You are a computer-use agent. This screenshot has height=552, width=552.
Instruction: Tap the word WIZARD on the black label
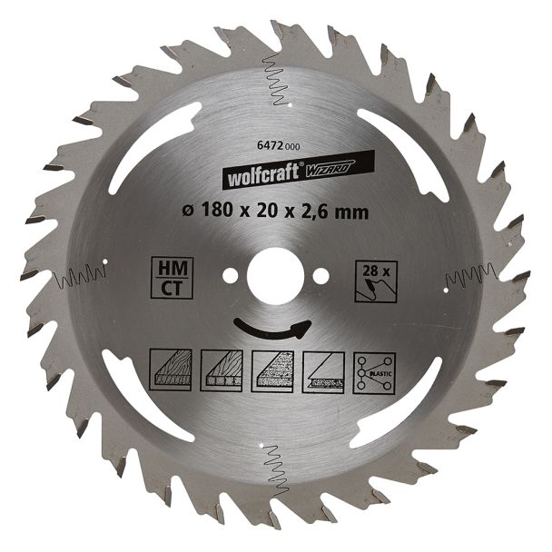click(323, 162)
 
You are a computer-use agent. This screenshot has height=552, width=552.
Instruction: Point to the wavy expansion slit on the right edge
click(470, 274)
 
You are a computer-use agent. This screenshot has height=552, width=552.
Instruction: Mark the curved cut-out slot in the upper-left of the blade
click(149, 145)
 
